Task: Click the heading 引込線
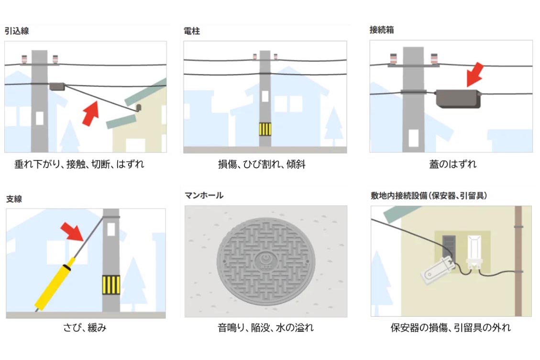(17, 31)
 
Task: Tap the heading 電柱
(192, 31)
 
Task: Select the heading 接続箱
(382, 30)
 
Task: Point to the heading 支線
(14, 199)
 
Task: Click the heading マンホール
(204, 195)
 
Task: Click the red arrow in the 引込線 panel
(90, 114)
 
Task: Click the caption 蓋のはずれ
(452, 164)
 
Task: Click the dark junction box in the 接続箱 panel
(457, 98)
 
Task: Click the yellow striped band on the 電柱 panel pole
(265, 129)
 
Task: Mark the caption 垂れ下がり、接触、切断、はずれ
(79, 164)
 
